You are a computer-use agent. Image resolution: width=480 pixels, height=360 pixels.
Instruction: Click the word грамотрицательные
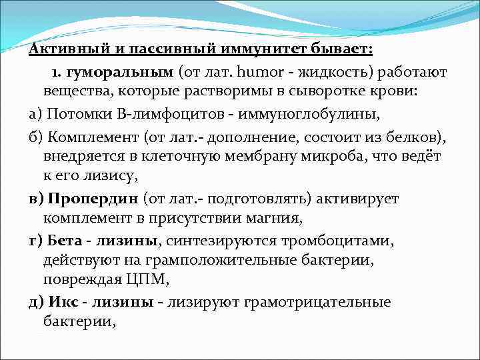click(317, 302)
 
